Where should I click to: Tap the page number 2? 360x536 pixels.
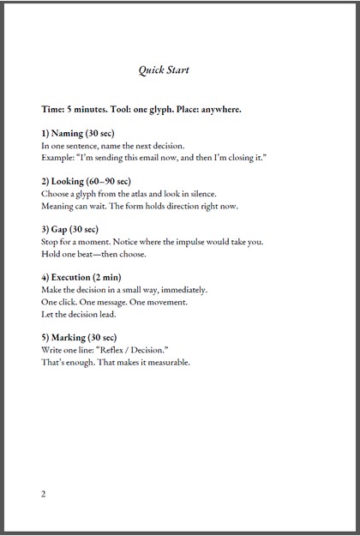click(x=44, y=494)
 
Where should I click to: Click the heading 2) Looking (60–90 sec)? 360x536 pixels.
click(x=86, y=181)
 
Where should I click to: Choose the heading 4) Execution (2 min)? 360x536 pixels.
click(x=85, y=277)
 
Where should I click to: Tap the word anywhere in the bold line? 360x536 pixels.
click(x=217, y=110)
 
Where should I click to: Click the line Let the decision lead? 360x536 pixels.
click(x=84, y=315)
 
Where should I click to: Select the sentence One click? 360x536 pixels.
click(x=61, y=302)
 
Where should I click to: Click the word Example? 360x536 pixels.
click(x=57, y=159)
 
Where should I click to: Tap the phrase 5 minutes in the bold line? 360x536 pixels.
click(x=88, y=110)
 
